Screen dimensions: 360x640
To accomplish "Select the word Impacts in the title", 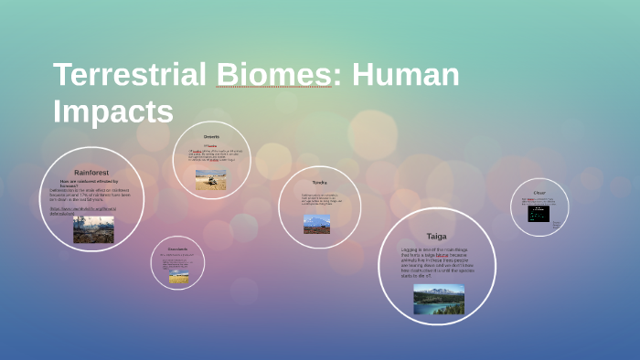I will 112,111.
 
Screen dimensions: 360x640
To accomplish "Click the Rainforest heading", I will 91,172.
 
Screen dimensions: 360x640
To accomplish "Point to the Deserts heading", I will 211,137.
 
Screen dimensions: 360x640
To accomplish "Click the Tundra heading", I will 319,183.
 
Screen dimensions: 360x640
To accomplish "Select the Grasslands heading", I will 177,249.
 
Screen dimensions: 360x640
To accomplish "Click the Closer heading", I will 539,193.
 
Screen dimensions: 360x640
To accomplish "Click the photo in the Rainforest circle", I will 93,228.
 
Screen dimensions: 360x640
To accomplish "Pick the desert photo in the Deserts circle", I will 211,179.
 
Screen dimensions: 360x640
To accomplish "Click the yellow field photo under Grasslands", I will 178,276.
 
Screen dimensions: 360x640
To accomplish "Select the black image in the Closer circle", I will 539,214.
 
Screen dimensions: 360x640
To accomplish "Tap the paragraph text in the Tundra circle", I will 320,200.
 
